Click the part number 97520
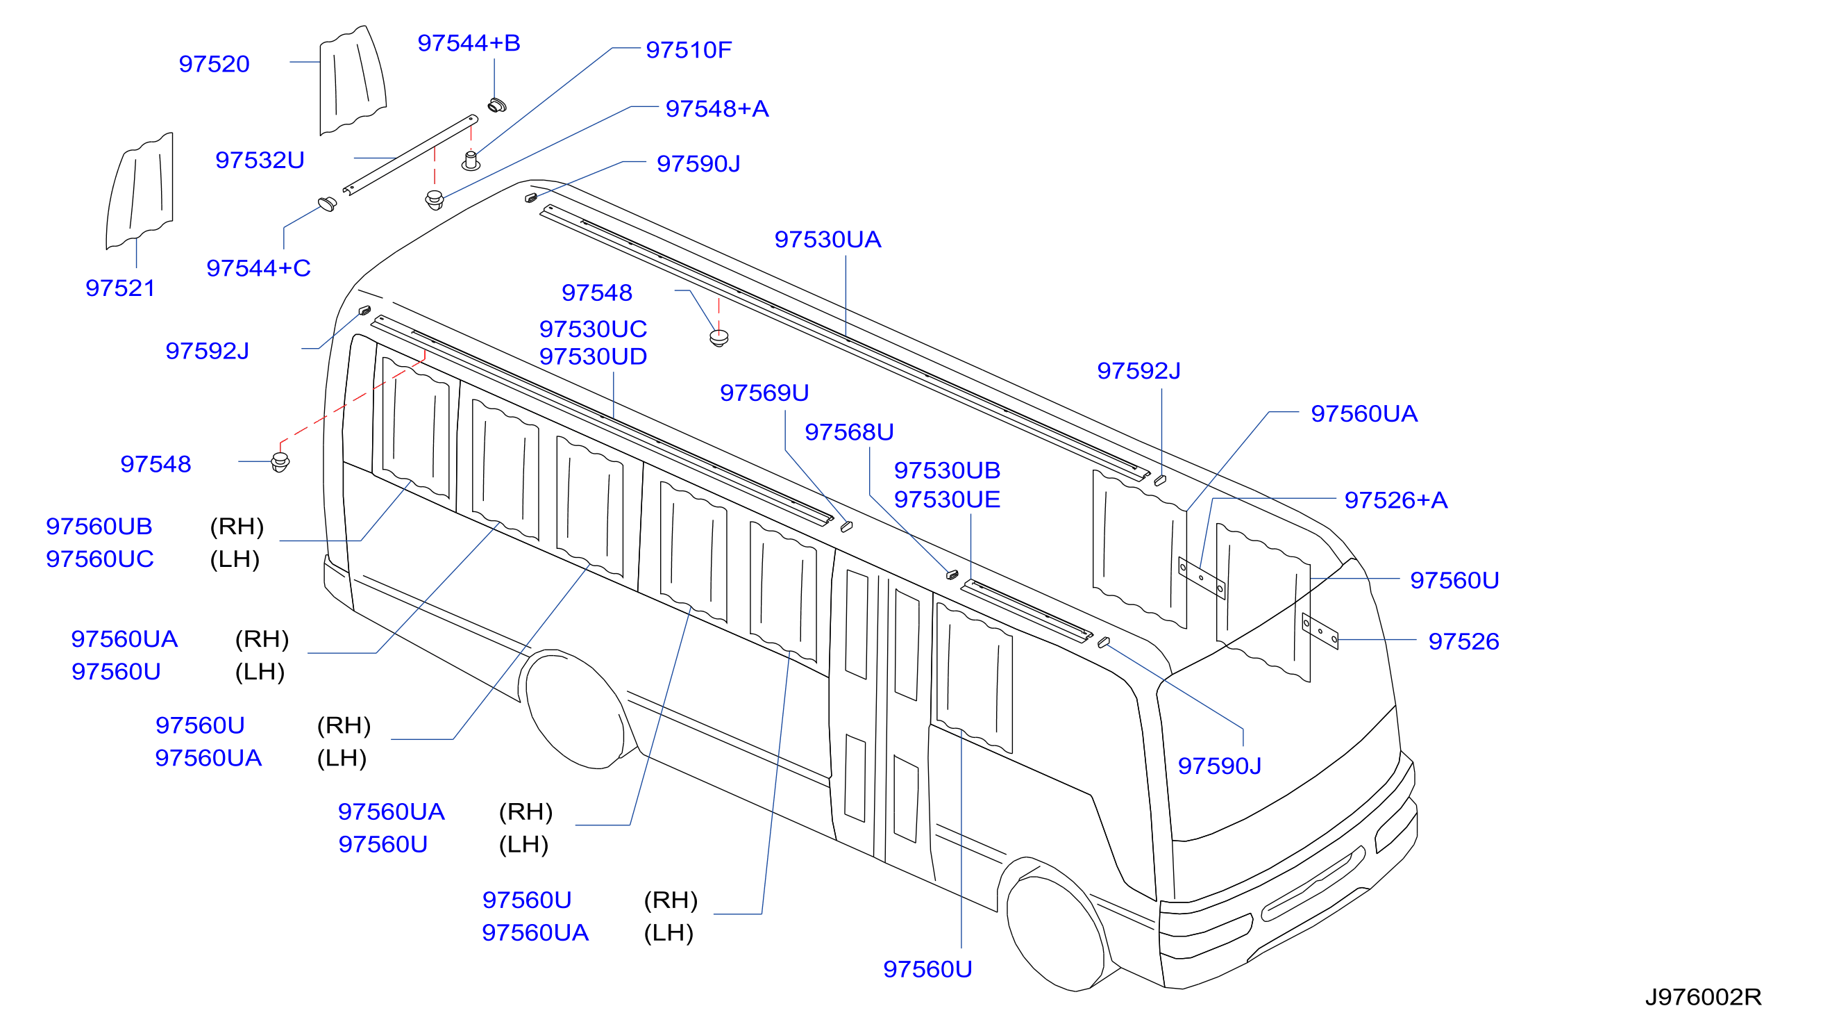click(214, 64)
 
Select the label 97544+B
click(469, 42)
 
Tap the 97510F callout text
click(689, 50)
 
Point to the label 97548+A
click(717, 108)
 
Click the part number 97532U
click(260, 160)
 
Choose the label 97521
click(120, 288)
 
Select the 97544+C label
click(258, 268)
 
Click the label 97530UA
click(827, 239)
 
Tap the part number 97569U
click(764, 393)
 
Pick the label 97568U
click(848, 432)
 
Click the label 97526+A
click(1395, 500)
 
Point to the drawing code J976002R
click(1703, 997)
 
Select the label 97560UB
click(99, 527)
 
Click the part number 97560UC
click(99, 559)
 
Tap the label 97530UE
click(947, 500)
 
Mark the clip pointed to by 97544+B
click(497, 106)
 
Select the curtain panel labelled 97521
click(140, 190)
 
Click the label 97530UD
click(592, 356)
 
